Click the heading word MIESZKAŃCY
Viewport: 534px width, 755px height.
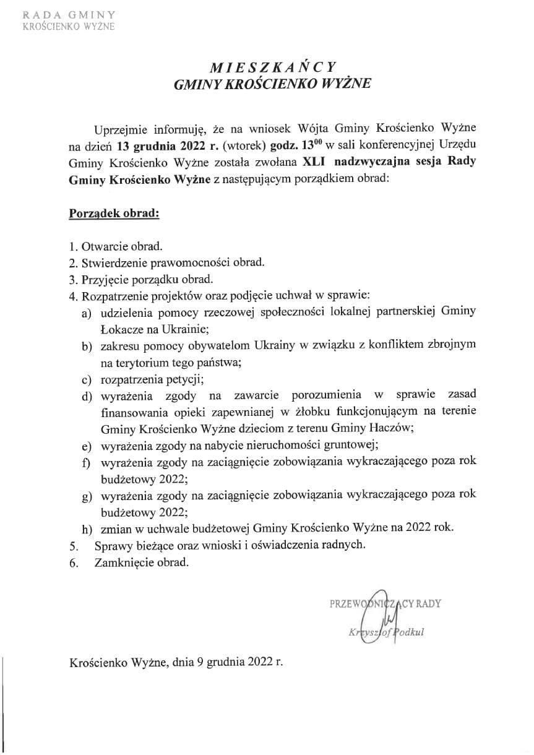click(272, 67)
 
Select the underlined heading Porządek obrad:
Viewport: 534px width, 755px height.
click(114, 214)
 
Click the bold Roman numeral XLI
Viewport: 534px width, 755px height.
click(314, 163)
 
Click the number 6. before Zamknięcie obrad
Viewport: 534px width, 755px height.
click(74, 564)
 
